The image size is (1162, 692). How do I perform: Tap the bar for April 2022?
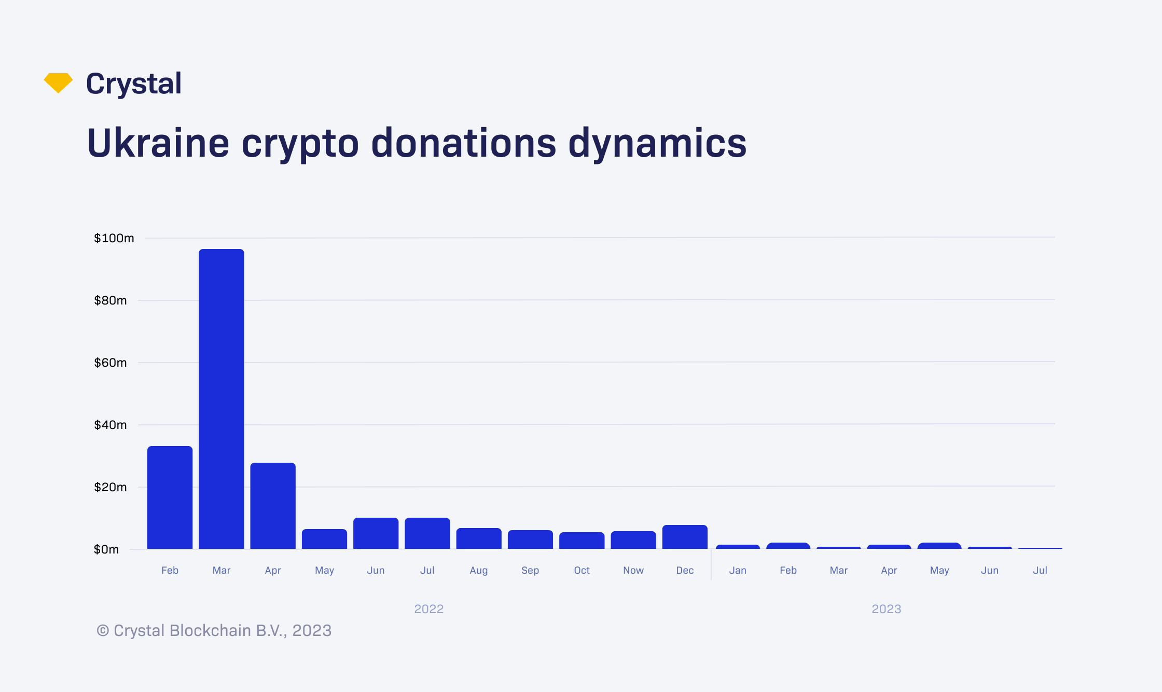click(x=273, y=505)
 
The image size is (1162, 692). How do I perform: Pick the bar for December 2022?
click(x=685, y=537)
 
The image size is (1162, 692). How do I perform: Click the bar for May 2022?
click(x=324, y=539)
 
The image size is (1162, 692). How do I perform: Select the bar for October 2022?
click(x=582, y=541)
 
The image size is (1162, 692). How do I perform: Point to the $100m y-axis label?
click(x=114, y=238)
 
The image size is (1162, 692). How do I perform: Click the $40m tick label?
click(x=110, y=425)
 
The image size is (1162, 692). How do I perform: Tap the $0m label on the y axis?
click(x=106, y=549)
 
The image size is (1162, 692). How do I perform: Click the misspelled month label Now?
click(x=633, y=570)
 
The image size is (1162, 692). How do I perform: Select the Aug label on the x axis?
click(x=478, y=570)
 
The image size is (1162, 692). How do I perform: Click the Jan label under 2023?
click(x=738, y=570)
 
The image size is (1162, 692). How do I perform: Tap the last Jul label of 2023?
click(x=1040, y=570)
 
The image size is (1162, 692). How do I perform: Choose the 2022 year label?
click(x=428, y=608)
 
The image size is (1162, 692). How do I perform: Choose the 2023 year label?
click(x=886, y=608)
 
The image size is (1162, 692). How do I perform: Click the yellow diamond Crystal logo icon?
click(x=58, y=82)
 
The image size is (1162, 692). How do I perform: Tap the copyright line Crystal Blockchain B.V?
click(x=214, y=630)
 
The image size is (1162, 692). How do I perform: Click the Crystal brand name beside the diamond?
click(x=134, y=84)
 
